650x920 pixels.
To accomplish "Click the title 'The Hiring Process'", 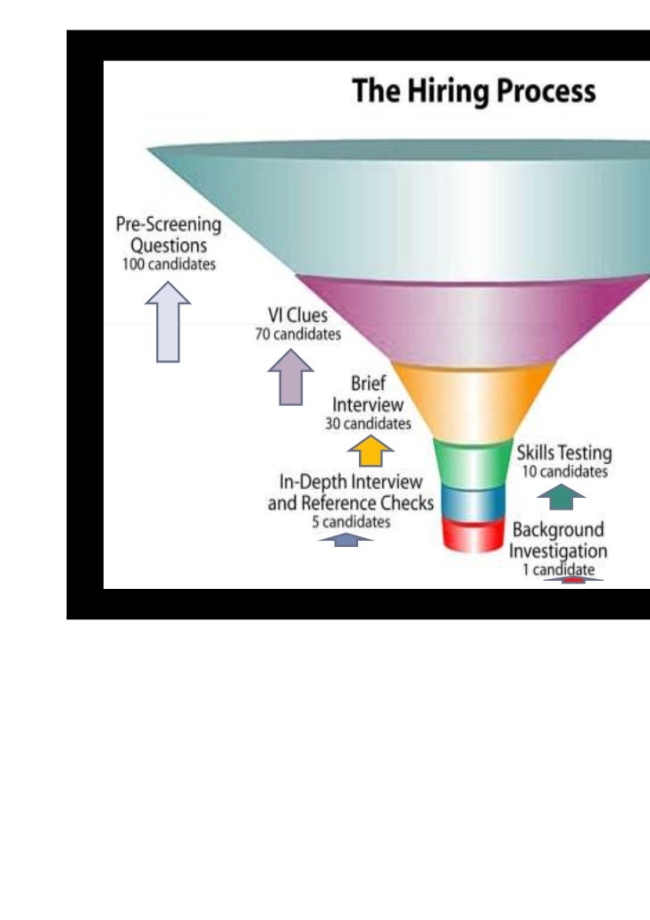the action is point(473,92).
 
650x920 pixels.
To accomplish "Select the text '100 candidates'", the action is point(169,265).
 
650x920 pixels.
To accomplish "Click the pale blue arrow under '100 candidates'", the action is point(168,321).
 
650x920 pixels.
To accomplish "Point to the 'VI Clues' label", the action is point(298,316).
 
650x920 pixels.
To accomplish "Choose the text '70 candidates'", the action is point(298,335).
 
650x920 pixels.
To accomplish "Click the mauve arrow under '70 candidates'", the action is point(290,377).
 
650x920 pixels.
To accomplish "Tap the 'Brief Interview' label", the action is point(368,394).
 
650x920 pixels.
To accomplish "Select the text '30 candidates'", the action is point(368,423).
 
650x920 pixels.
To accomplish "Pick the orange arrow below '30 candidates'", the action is point(370,451).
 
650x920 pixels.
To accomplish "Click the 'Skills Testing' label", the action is point(564,452).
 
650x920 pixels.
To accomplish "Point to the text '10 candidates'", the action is point(564,471).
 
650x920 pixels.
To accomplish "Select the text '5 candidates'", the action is point(351,522).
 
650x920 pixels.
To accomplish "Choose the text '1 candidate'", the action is point(558,570).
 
